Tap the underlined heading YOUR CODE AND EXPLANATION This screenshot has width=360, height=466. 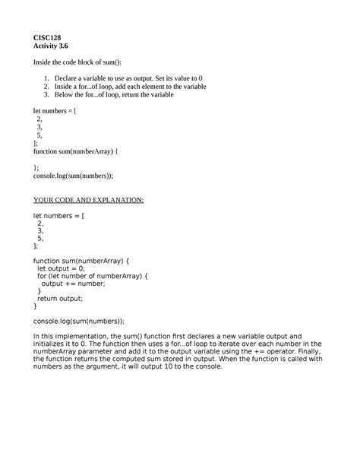coord(87,200)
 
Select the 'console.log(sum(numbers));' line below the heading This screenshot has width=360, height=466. coord(78,321)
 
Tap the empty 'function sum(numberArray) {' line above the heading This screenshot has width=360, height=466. coord(77,151)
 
